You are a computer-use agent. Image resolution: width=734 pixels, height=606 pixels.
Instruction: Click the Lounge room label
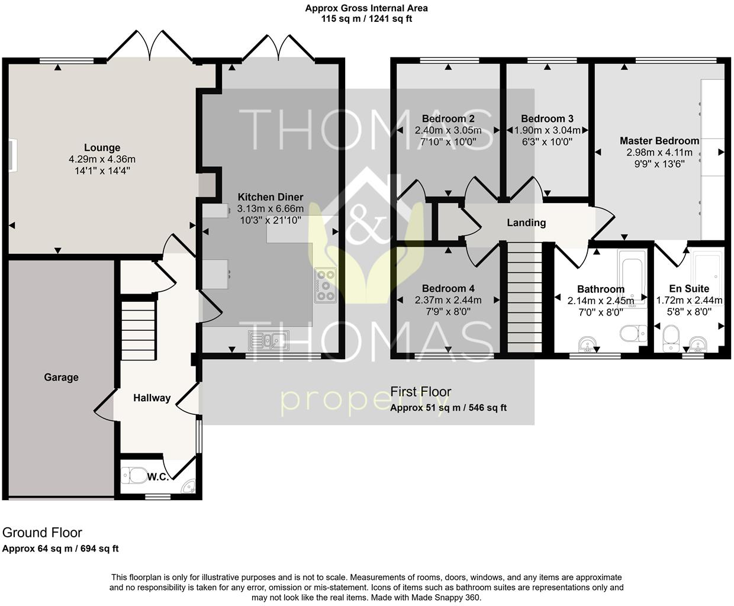(x=102, y=148)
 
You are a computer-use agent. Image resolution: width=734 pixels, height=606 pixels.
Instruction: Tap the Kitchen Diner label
(x=271, y=197)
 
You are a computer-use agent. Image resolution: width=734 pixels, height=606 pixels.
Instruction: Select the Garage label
(x=61, y=378)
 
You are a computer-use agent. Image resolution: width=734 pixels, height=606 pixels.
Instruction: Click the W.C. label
(x=157, y=477)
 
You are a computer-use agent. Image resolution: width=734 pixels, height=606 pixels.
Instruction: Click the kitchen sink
(x=268, y=340)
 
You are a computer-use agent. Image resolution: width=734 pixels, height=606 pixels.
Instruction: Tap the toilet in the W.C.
(x=134, y=475)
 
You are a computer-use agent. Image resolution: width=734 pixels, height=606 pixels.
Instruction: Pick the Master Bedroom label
(x=659, y=141)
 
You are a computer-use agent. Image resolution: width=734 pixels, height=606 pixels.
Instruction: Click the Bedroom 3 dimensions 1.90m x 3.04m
(x=547, y=131)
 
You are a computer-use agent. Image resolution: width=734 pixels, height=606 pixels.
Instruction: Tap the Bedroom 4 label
(x=448, y=289)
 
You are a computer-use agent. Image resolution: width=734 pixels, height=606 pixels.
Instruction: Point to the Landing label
(x=526, y=223)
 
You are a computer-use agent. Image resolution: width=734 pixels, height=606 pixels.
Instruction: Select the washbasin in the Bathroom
(x=587, y=344)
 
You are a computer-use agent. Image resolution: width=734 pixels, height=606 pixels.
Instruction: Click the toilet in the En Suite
(x=671, y=335)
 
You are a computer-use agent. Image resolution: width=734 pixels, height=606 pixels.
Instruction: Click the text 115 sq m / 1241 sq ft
(x=366, y=18)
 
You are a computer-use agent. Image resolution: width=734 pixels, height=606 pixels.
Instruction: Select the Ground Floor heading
(x=42, y=533)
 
